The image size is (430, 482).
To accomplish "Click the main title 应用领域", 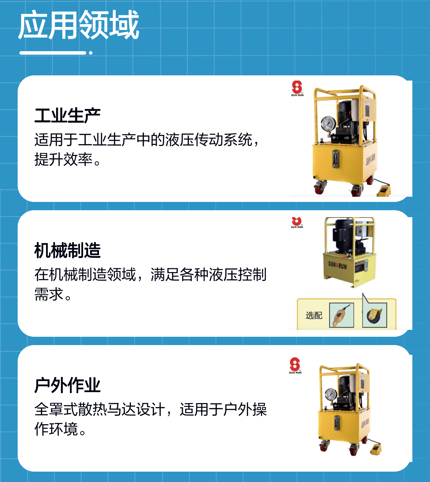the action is pos(79,25).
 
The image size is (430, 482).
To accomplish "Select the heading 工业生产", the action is pos(68,115).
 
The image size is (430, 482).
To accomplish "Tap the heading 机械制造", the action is pos(68,251).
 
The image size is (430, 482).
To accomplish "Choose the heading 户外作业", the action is pos(68,386).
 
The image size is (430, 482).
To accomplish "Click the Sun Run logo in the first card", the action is pos(297,89).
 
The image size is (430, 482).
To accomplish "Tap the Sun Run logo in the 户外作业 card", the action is pos(295,365).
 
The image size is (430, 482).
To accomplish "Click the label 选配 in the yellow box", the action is pos(314,315).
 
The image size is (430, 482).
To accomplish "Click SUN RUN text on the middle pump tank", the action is pos(338,265).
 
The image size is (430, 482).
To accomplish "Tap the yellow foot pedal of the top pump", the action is pos(383,190).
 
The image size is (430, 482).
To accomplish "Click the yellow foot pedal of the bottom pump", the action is pos(376,449).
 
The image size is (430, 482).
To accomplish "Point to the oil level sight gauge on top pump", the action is pos(336,159).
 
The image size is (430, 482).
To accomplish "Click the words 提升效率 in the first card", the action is pos(64,159).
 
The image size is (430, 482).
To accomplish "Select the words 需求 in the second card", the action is pos(49,294).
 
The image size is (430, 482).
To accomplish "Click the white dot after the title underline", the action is pos(91,53).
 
